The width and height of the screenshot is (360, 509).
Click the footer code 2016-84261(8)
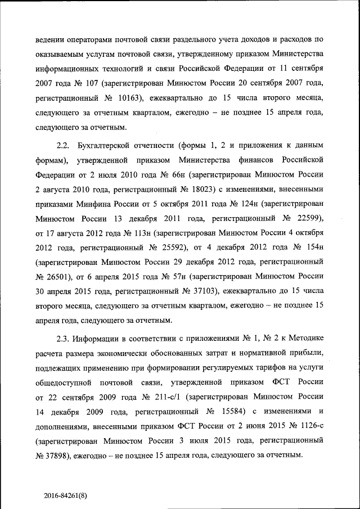66,496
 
